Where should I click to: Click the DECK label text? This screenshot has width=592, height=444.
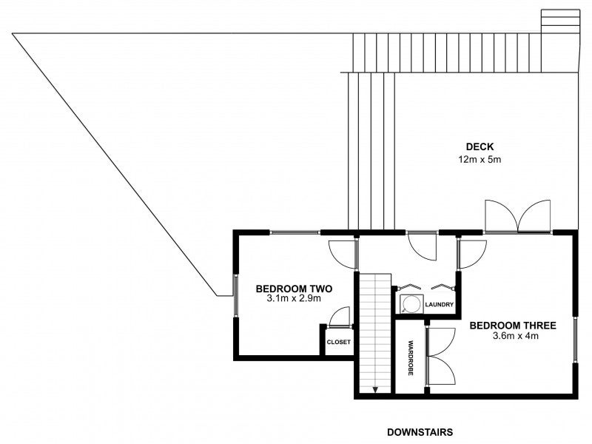coord(479,146)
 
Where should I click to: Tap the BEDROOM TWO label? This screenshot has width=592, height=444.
coord(293,289)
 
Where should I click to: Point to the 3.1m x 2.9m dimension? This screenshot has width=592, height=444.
coord(293,300)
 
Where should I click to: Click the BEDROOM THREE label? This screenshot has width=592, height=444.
coord(512,325)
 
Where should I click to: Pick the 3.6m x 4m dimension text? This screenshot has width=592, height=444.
coord(512,336)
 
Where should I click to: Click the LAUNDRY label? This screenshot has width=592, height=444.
coord(439,304)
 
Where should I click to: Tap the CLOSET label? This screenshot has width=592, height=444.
coord(338,342)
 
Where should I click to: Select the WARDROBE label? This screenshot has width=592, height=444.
coord(410,357)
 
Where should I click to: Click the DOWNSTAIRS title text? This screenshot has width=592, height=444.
coord(420,431)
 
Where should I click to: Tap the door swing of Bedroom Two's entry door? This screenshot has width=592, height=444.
coord(342,255)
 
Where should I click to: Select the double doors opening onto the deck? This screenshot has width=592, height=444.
coord(518,216)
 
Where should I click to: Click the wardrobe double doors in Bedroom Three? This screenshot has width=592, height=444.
coord(442,357)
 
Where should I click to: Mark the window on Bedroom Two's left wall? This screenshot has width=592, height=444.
coord(235,296)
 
